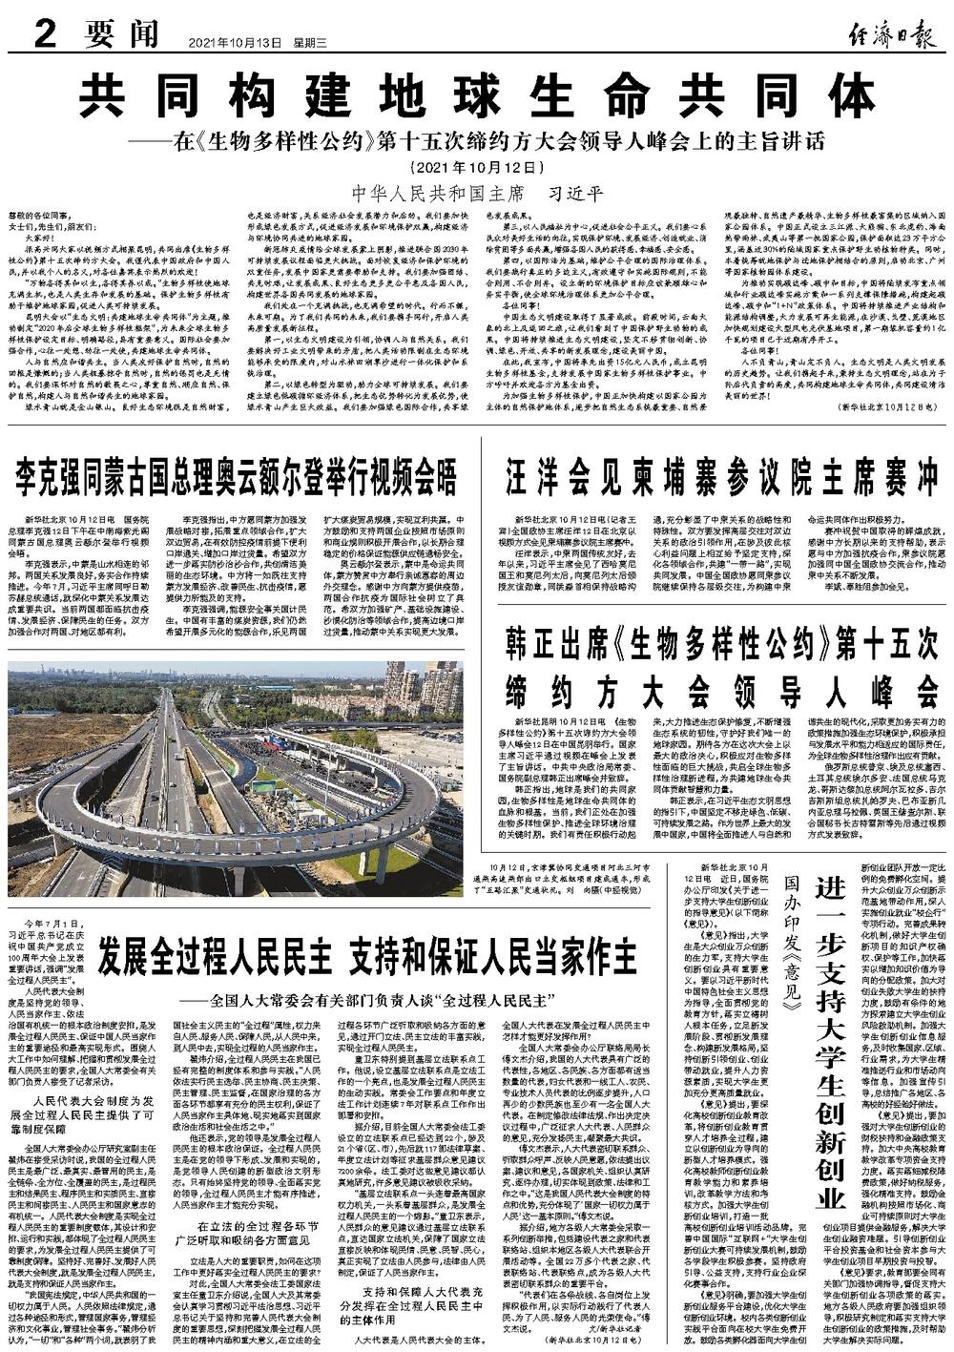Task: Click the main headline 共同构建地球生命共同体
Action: [476, 95]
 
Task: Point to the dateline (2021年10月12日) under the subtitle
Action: [476, 167]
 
